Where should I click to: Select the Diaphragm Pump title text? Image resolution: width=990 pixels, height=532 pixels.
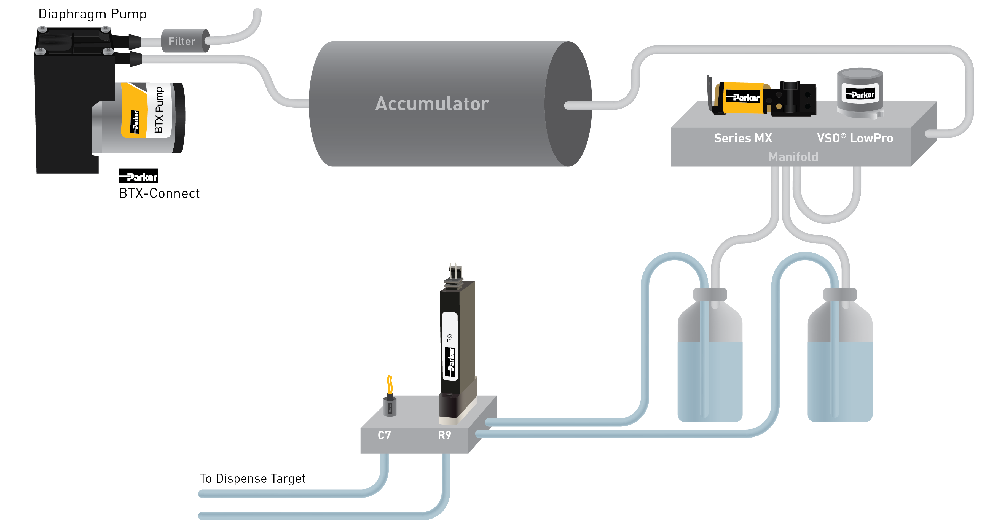pyautogui.click(x=92, y=14)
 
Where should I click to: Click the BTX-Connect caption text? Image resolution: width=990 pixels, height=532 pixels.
pyautogui.click(x=159, y=193)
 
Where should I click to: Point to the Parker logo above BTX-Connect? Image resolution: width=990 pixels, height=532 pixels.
pyautogui.click(x=138, y=176)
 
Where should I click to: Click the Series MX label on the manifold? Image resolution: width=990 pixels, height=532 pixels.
pyautogui.click(x=743, y=138)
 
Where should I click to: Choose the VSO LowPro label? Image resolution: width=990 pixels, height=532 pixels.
pyautogui.click(x=855, y=138)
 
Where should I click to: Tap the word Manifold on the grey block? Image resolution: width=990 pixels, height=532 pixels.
pyautogui.click(x=793, y=157)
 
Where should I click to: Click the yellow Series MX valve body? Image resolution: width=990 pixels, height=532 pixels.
pyautogui.click(x=742, y=98)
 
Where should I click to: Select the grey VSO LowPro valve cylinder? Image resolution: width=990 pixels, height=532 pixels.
pyautogui.click(x=860, y=92)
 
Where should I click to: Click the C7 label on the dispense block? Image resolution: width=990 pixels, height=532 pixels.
pyautogui.click(x=384, y=435)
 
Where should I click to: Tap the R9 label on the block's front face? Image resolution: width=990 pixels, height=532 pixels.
pyautogui.click(x=444, y=435)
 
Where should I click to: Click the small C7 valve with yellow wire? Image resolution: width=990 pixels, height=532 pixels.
pyautogui.click(x=390, y=403)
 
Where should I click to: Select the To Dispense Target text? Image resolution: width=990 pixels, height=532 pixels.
pyautogui.click(x=253, y=479)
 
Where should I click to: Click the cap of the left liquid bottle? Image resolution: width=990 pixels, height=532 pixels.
pyautogui.click(x=710, y=294)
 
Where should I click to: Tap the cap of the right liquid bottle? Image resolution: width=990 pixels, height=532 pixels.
pyautogui.click(x=840, y=294)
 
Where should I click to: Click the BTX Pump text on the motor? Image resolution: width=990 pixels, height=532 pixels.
pyautogui.click(x=159, y=110)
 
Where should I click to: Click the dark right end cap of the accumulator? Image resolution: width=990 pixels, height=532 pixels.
pyautogui.click(x=569, y=104)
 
